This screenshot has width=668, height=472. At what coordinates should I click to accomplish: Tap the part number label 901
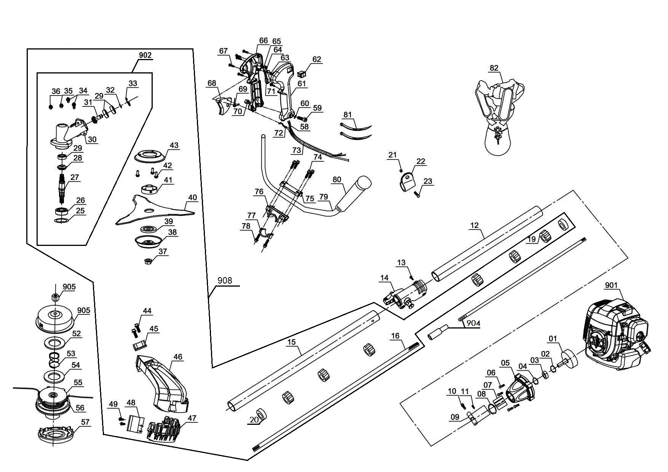pyautogui.click(x=612, y=285)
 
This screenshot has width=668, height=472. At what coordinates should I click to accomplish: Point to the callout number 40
pyautogui.click(x=193, y=198)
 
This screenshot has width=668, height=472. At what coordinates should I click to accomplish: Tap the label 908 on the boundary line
pyautogui.click(x=225, y=281)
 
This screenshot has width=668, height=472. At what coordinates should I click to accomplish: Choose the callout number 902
pyautogui.click(x=145, y=55)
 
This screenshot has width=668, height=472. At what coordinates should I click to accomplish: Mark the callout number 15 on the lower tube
pyautogui.click(x=291, y=342)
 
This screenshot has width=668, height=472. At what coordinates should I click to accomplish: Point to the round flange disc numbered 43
pyautogui.click(x=151, y=156)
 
